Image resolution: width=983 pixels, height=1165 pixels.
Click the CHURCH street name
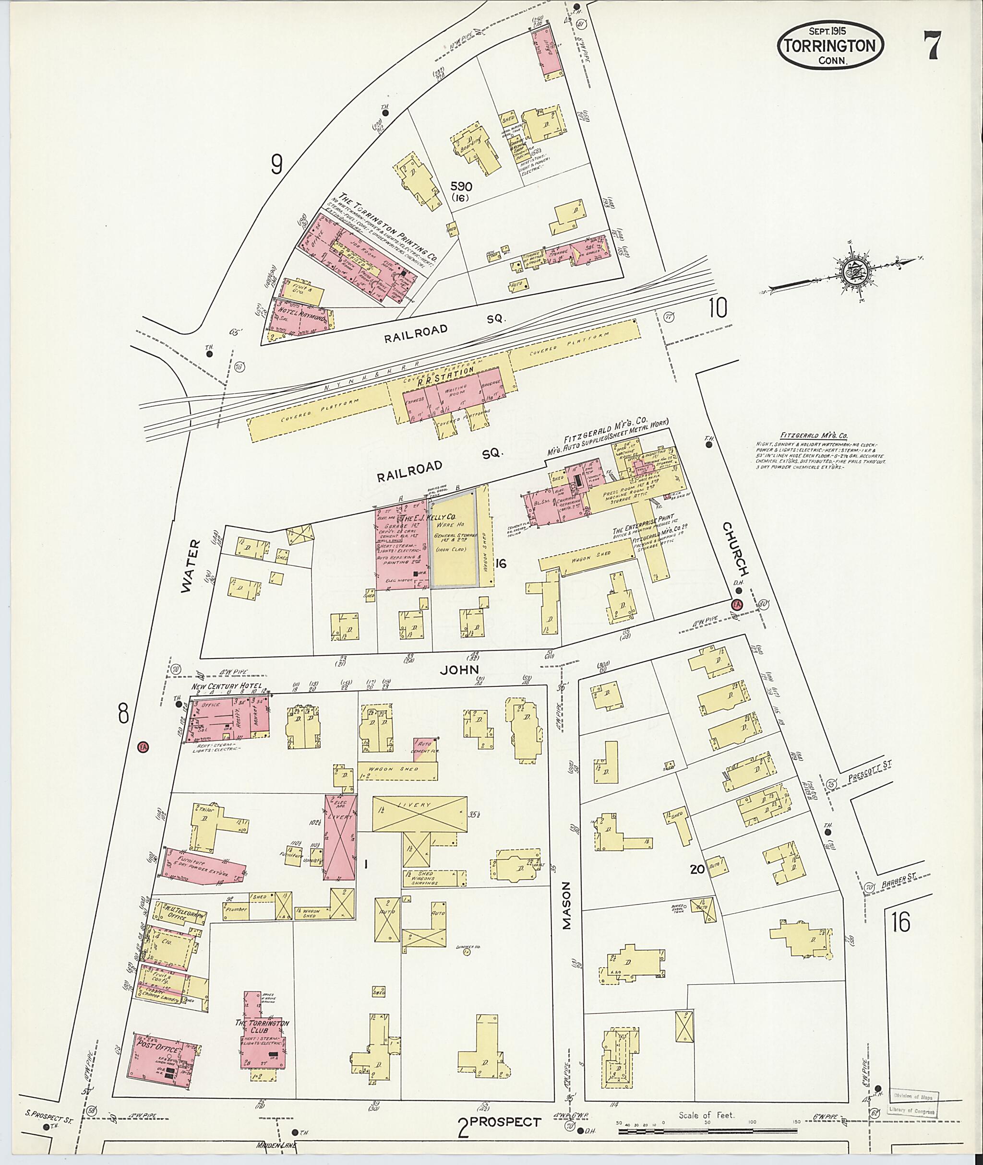[x=734, y=549]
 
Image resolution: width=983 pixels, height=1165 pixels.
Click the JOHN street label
[x=459, y=670]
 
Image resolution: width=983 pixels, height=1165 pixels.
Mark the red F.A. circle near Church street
[x=737, y=605]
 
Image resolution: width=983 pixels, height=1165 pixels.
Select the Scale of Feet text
[x=707, y=1115]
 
